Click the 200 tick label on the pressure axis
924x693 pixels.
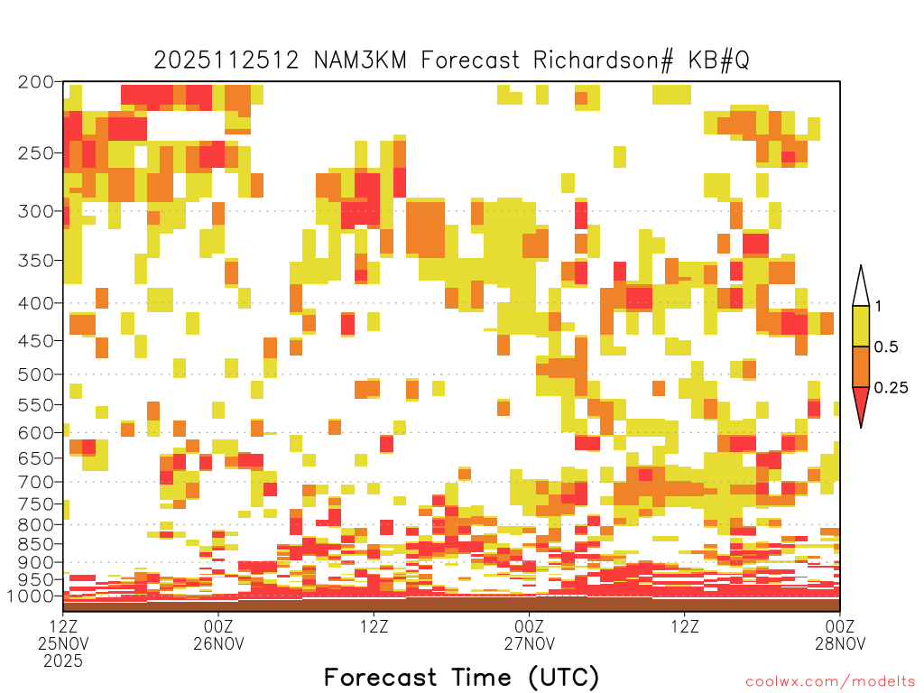(x=35, y=82)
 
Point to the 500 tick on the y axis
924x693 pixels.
(x=35, y=374)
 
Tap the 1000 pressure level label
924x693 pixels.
(x=30, y=596)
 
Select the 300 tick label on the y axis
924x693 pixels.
(x=35, y=211)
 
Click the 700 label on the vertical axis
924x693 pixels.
(x=35, y=482)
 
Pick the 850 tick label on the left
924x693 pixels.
(x=35, y=544)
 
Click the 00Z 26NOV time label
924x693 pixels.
(x=218, y=634)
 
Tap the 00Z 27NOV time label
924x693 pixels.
(x=529, y=634)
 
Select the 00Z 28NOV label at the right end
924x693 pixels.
(x=840, y=634)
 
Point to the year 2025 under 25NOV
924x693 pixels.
(x=63, y=661)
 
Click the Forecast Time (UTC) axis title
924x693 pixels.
(x=461, y=678)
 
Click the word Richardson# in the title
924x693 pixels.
(x=603, y=60)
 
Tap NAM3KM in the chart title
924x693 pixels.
(x=360, y=60)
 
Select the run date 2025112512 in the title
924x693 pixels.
(x=226, y=60)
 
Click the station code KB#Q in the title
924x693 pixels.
(x=718, y=60)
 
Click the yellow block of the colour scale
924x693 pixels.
(x=861, y=326)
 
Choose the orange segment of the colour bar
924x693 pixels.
(x=861, y=366)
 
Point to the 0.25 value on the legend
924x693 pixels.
(x=891, y=387)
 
